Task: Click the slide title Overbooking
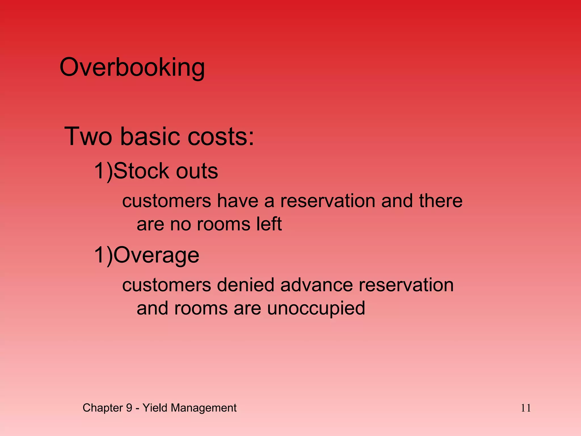pos(132,68)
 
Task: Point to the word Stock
pos(142,171)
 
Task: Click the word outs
pos(197,171)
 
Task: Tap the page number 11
pos(526,408)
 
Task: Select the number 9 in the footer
pos(129,408)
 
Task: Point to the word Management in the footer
pos(203,408)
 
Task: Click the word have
pos(238,201)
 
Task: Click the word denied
pos(246,285)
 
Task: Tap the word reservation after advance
pos(406,285)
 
